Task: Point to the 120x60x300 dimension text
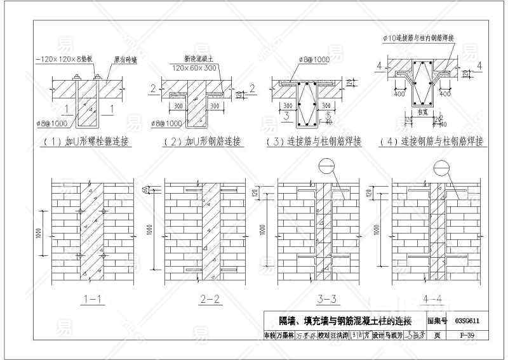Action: pyautogui.click(x=196, y=66)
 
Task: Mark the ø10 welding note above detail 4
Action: pyautogui.click(x=418, y=38)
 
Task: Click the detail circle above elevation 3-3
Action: pyautogui.click(x=326, y=167)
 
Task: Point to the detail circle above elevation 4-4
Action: pyautogui.click(x=441, y=167)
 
